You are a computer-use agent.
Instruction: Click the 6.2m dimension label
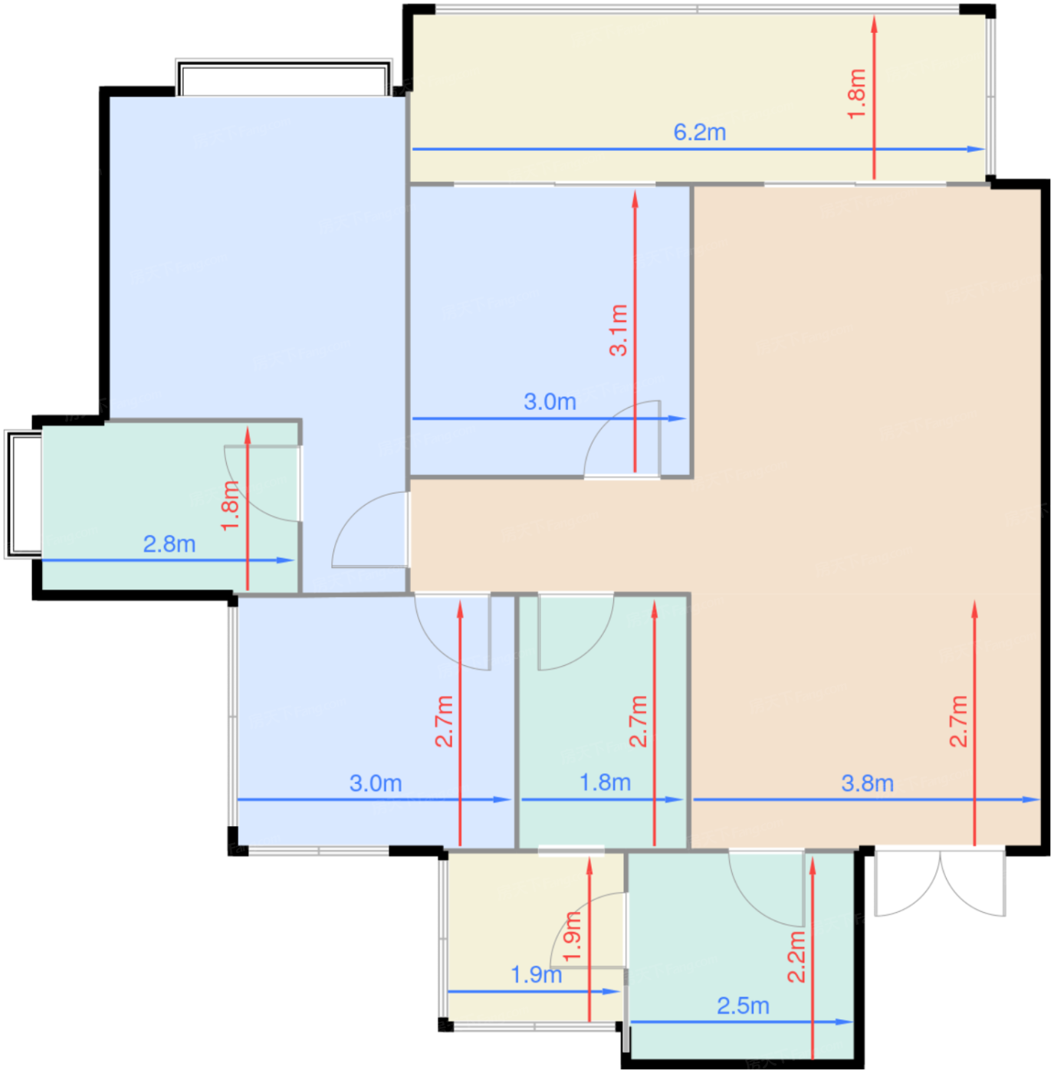(x=699, y=133)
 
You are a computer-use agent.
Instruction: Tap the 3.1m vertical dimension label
(x=619, y=330)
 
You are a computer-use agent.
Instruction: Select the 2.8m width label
(x=169, y=544)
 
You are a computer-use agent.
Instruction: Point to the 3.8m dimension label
(x=867, y=783)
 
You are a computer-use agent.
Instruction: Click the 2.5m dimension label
(x=743, y=1006)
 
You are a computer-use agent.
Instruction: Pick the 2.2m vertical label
(x=797, y=957)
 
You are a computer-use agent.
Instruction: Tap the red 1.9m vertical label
(x=573, y=937)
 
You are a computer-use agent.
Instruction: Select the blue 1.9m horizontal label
(x=536, y=975)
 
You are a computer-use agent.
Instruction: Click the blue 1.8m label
(x=605, y=783)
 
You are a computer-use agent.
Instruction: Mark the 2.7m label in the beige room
(x=959, y=721)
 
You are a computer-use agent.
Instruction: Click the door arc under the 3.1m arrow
(x=621, y=438)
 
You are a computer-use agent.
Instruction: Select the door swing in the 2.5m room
(x=767, y=889)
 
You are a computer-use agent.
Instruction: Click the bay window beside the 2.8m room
(x=23, y=494)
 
